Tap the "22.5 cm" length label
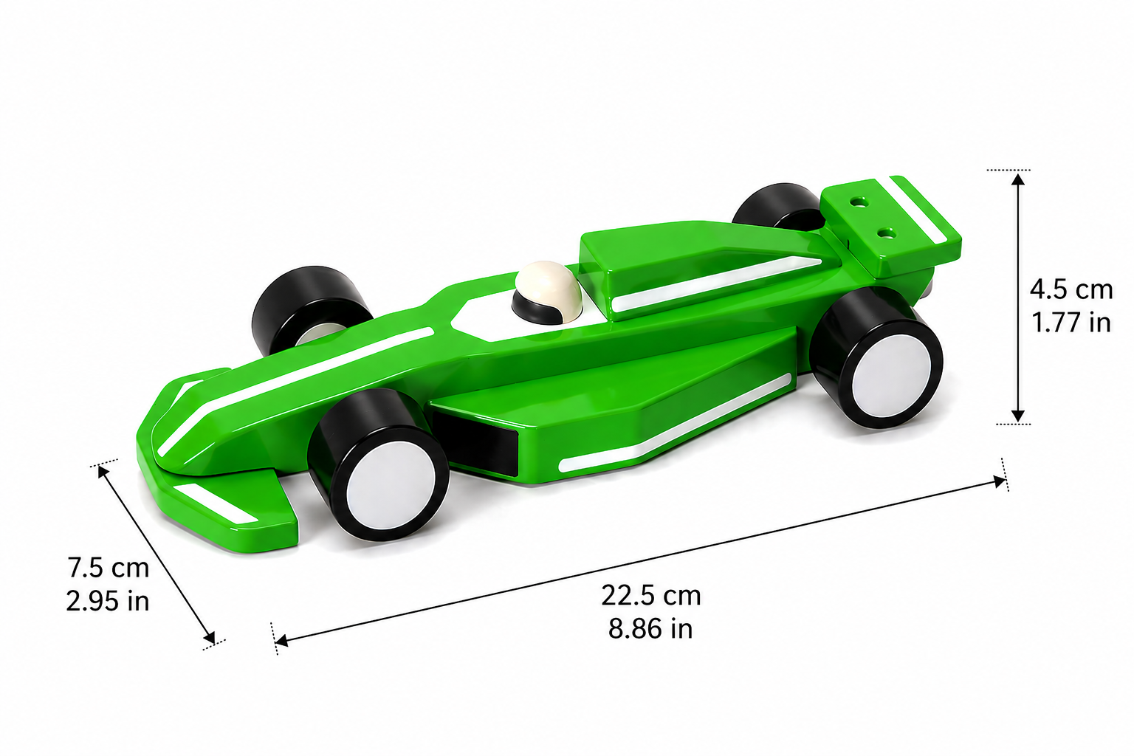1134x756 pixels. [x=651, y=596]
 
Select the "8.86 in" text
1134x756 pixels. [x=650, y=629]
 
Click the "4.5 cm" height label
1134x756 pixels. [x=1071, y=289]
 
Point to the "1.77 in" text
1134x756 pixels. [x=1071, y=323]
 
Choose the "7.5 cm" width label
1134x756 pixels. [x=109, y=568]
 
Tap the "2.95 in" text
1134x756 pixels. [x=108, y=601]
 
